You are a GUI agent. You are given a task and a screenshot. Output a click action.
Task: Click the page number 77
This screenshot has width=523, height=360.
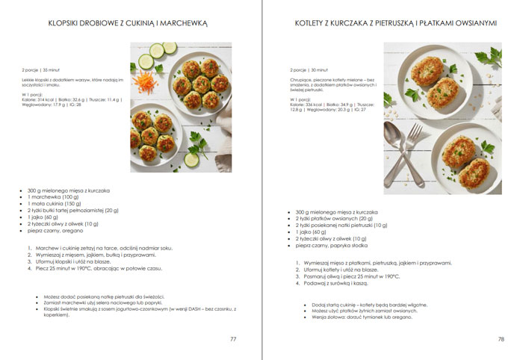(233, 339)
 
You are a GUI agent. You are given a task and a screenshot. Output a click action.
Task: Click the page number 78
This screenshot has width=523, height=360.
(501, 339)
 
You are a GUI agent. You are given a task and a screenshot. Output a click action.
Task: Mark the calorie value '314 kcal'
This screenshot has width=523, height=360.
(46, 99)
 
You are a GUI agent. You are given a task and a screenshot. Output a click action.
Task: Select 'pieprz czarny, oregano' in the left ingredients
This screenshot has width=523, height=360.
(55, 231)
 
